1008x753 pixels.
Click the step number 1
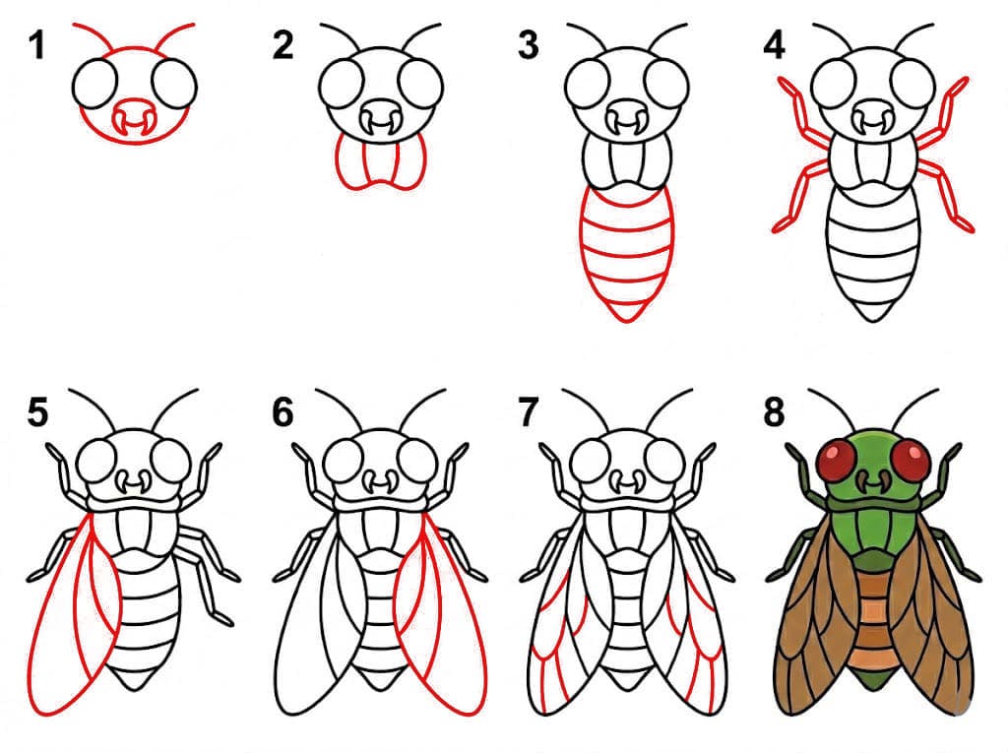point(37,46)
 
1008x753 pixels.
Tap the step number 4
point(774,46)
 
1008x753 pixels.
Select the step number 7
point(528,412)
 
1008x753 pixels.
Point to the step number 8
point(774,412)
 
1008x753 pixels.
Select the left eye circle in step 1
point(95,84)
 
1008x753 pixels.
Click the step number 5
point(37,412)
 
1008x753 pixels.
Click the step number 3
point(528,46)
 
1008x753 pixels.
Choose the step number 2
point(283,46)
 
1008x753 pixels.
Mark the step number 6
point(283,412)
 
